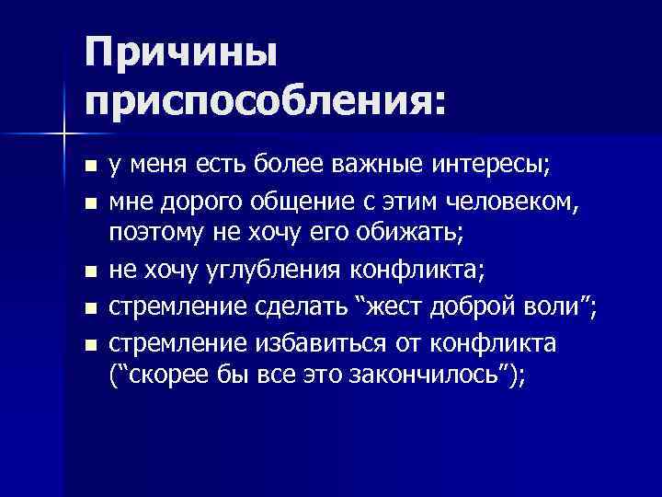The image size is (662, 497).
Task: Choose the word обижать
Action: pyautogui.click(x=416, y=235)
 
